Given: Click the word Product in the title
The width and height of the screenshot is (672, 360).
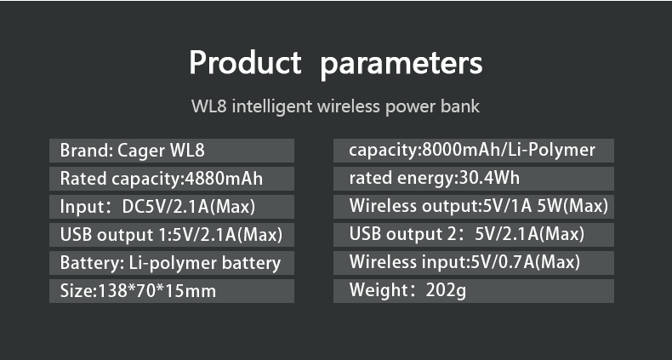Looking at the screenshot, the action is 245,63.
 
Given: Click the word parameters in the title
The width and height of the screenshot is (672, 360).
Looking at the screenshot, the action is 401,66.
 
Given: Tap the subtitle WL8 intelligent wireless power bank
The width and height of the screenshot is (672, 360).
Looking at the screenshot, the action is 335,106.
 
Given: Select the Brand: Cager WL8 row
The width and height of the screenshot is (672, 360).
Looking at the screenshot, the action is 172,151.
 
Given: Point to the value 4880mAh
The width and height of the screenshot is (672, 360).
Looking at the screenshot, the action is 224,178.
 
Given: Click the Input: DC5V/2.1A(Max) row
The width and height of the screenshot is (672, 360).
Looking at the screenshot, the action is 172,207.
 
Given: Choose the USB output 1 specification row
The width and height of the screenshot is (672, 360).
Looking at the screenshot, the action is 172,235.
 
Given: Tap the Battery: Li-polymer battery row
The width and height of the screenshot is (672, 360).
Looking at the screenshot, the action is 172,263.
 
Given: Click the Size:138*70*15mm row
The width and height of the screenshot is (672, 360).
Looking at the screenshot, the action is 172,291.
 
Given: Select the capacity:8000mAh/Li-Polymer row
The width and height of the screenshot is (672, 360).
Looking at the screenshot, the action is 474,151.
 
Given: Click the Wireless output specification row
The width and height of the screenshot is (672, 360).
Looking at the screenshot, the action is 474,207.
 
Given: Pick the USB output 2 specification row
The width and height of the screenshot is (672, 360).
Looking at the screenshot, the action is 474,235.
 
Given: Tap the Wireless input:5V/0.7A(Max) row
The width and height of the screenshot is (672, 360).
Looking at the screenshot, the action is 474,263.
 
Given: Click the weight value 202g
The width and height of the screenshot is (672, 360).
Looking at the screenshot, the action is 446,291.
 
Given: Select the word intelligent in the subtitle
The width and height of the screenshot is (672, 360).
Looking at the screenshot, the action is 272,106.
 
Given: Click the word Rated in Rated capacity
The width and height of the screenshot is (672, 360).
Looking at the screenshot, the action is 83,178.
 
